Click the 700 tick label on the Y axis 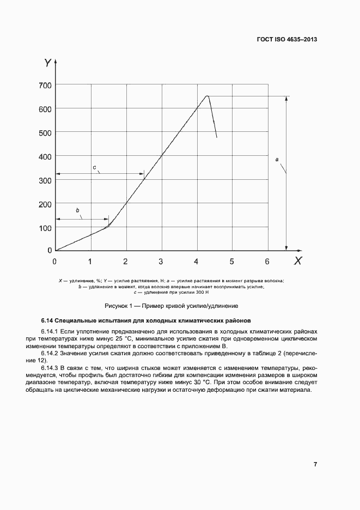(x=45, y=85)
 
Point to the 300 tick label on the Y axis (x=45, y=180)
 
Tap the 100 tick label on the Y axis (x=45, y=228)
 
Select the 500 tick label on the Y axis (x=45, y=132)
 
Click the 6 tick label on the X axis (x=267, y=261)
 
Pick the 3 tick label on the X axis (x=161, y=261)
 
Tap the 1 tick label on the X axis (x=90, y=261)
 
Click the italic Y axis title (x=48, y=63)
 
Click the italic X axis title (x=298, y=261)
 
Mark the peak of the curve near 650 (x=207, y=96)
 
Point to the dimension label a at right (x=277, y=159)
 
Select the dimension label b (x=77, y=210)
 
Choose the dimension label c (x=94, y=167)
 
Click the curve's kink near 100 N (x=108, y=226)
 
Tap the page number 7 (x=315, y=464)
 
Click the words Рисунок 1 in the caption (x=119, y=306)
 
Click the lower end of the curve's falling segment (x=216, y=137)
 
